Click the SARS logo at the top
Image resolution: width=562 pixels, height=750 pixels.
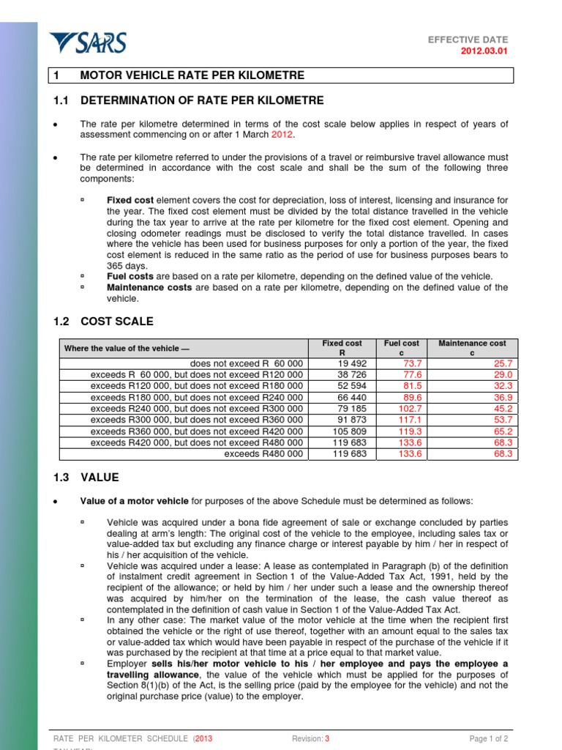click(87, 43)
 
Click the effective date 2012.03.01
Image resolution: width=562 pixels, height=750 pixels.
click(483, 51)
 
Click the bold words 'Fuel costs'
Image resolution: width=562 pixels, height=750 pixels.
click(130, 276)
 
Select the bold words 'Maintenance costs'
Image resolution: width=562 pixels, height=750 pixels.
click(149, 287)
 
